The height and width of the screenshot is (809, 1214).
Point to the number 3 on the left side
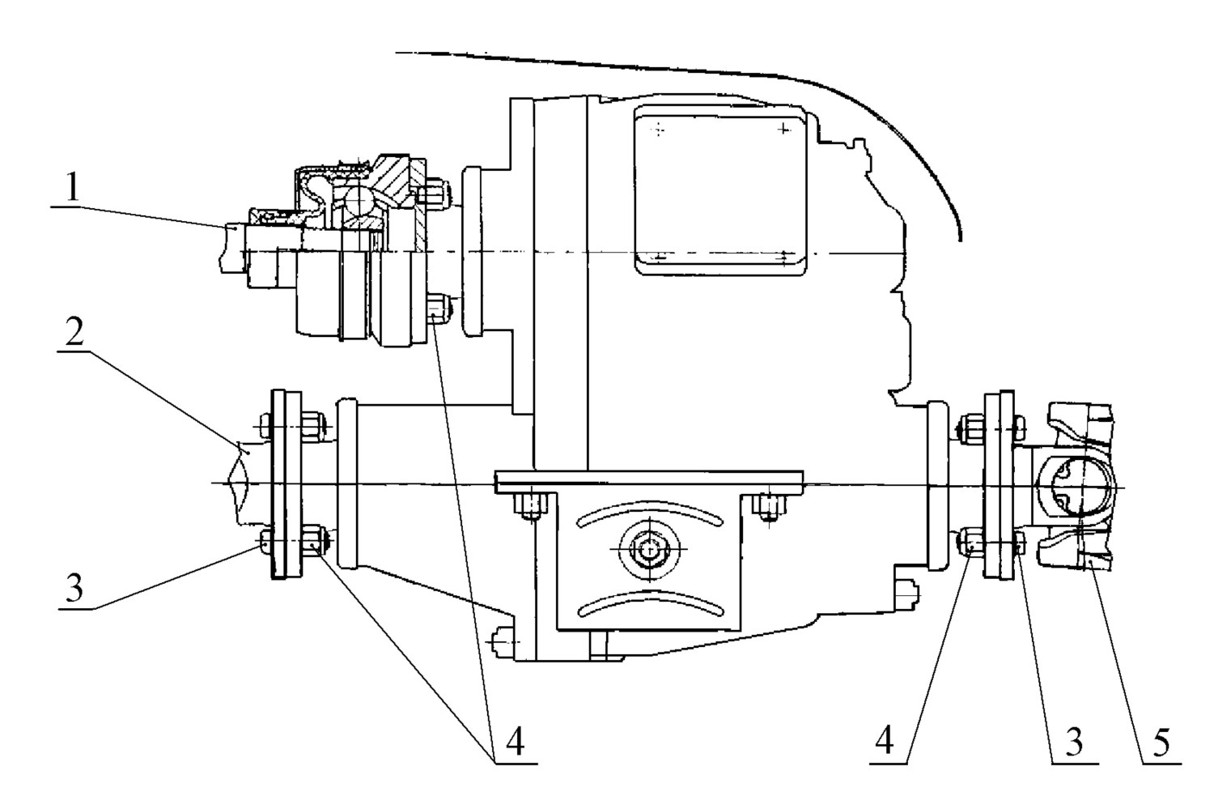coord(74,587)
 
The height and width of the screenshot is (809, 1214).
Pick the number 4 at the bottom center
coord(515,741)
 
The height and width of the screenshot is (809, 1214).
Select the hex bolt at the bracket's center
coord(648,550)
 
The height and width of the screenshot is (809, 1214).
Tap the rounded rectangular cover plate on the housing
coord(721,190)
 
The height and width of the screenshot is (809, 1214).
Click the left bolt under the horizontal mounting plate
coord(531,505)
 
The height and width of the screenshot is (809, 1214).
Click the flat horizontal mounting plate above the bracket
coord(648,482)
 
